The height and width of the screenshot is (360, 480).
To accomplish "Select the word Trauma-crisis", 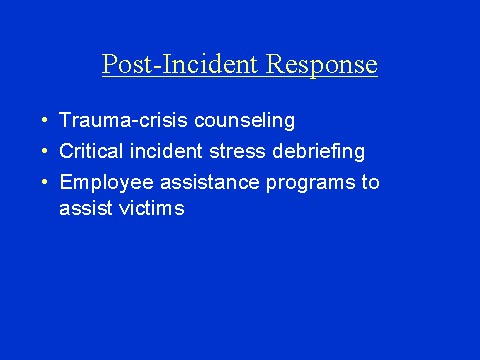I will click(x=114, y=121).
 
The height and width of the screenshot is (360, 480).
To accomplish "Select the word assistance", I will click(x=196, y=183).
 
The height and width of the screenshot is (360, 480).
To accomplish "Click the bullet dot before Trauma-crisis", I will click(x=45, y=121).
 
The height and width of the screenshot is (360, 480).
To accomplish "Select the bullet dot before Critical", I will click(x=45, y=152).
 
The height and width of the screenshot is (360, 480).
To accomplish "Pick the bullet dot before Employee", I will click(x=45, y=183).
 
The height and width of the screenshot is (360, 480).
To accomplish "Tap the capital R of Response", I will click(x=274, y=65).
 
